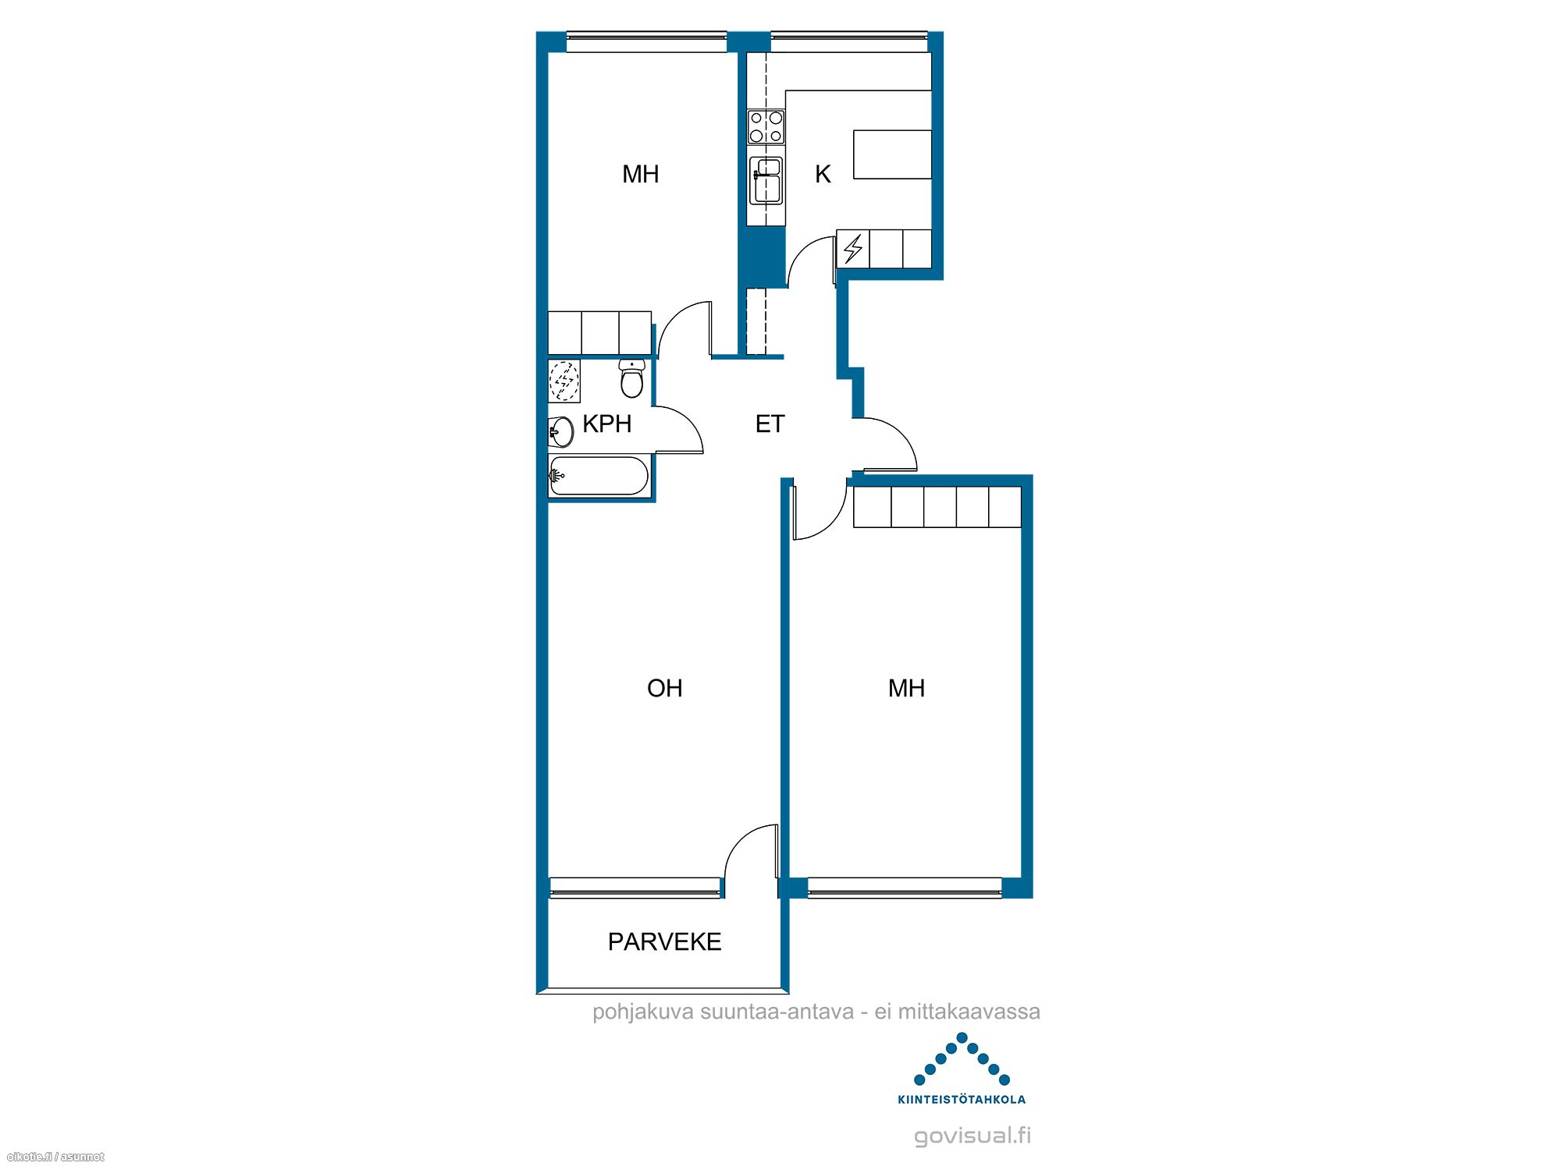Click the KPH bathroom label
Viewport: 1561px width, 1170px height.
[x=606, y=424]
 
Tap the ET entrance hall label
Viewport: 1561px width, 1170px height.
[x=770, y=424]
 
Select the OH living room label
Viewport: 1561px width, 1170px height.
[x=664, y=688]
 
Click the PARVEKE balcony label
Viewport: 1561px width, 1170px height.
[x=664, y=941]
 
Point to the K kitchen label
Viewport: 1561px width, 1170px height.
[x=823, y=174]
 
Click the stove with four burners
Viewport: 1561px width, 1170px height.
[x=766, y=127]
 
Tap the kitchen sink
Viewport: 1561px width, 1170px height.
[x=766, y=181]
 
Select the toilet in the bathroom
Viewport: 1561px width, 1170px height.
[x=631, y=378]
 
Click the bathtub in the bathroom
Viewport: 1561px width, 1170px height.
[x=599, y=476]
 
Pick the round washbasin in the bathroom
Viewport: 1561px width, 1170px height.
[x=562, y=431]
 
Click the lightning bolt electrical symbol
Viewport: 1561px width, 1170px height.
[x=853, y=249]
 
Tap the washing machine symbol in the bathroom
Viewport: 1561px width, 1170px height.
[x=564, y=381]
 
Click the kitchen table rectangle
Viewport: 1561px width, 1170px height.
[x=892, y=154]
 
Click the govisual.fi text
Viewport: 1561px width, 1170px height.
[x=973, y=1135]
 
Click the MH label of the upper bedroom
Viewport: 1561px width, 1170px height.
[x=640, y=174]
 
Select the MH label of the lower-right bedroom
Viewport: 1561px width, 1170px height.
[x=906, y=688]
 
